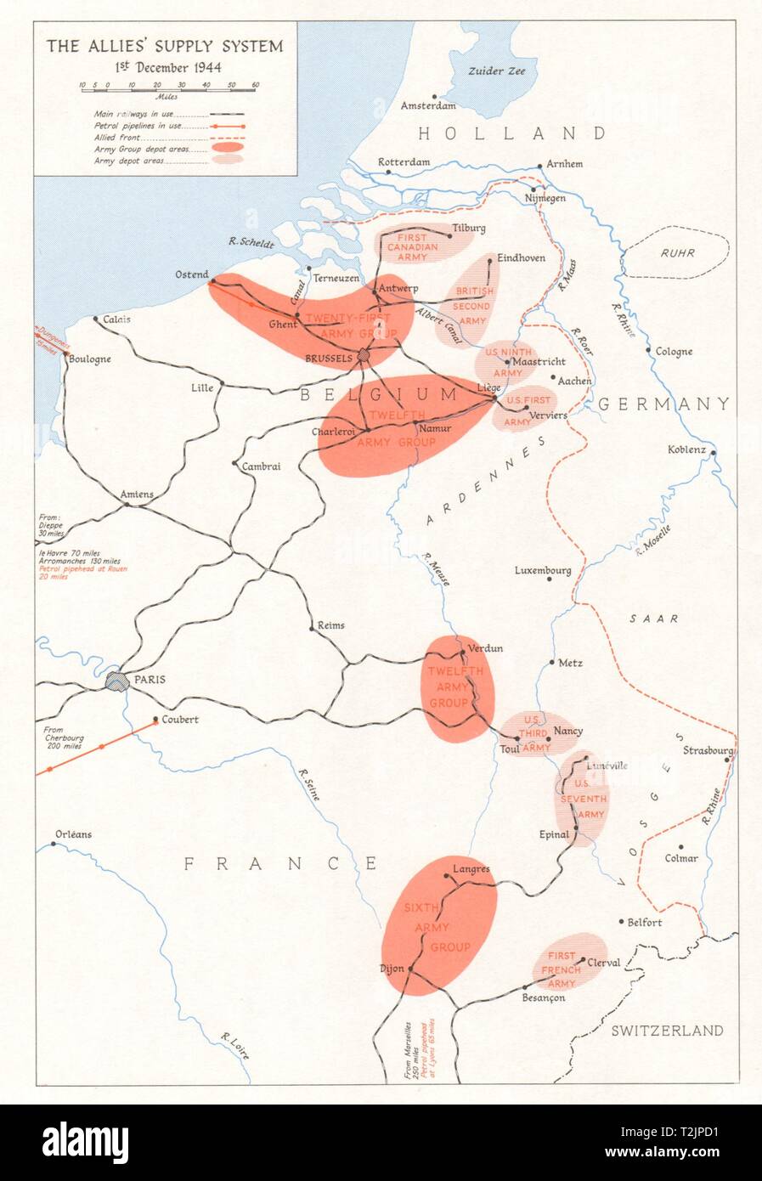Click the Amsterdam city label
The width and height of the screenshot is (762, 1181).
pyautogui.click(x=428, y=106)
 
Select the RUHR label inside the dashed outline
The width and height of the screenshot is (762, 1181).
pyautogui.click(x=678, y=252)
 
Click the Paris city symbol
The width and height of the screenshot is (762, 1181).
pyautogui.click(x=116, y=681)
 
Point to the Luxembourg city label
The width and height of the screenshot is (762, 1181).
pyautogui.click(x=543, y=570)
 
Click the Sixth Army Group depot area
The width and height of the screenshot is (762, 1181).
pyautogui.click(x=438, y=925)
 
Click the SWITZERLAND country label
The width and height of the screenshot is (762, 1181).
pyautogui.click(x=667, y=1031)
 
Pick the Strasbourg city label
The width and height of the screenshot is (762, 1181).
pyautogui.click(x=708, y=750)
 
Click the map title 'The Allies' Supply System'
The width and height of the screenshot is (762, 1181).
pyautogui.click(x=164, y=46)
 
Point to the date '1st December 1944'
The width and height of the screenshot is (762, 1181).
pyautogui.click(x=164, y=67)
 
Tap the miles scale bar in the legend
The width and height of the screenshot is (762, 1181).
pyautogui.click(x=169, y=86)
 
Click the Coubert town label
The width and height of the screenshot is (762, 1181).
pyautogui.click(x=175, y=719)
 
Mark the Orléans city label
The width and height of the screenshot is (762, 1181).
pyautogui.click(x=73, y=834)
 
